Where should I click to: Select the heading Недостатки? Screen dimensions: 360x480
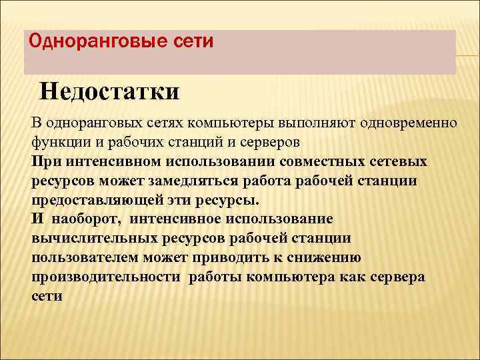point(109,91)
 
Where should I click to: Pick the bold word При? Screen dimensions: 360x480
point(44,161)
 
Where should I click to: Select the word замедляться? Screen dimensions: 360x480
point(209,181)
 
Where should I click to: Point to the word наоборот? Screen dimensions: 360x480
point(87,219)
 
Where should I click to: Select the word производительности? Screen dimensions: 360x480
point(105,277)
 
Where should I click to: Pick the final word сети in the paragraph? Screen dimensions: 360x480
point(46,295)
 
